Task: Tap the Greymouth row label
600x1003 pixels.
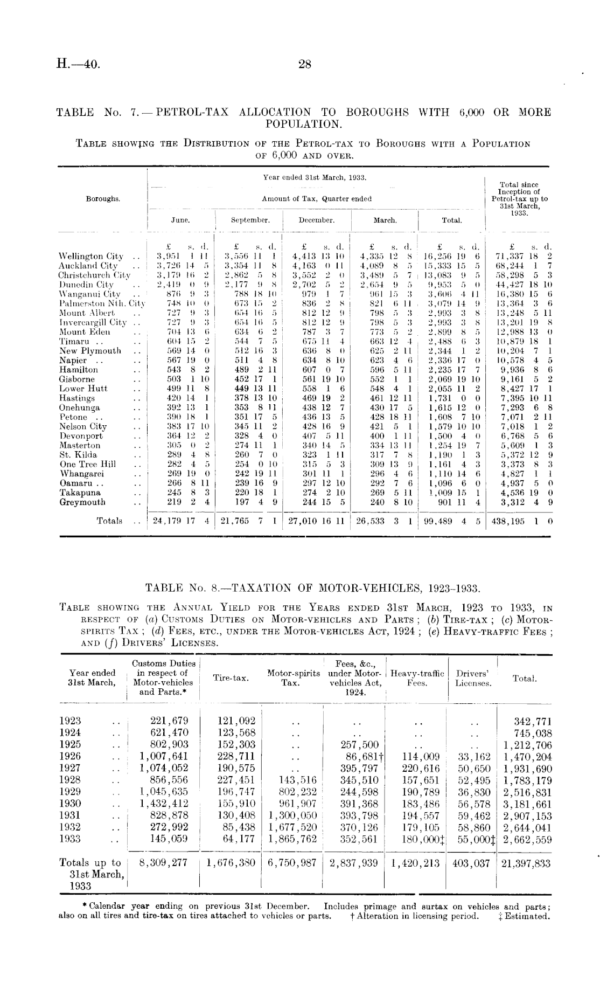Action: pos(82,502)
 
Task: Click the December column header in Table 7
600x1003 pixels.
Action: pos(317,220)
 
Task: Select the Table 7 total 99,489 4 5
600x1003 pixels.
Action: pos(451,522)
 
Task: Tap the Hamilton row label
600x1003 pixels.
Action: pos(79,370)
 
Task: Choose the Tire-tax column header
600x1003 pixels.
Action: pos(231,677)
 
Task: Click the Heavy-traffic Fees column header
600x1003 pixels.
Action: pos(417,678)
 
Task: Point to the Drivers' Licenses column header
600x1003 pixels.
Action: pos(473,678)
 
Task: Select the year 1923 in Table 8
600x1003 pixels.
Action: pos(70,721)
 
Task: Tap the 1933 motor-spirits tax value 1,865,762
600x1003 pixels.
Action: pos(292,839)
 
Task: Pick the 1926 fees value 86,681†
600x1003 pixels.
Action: pos(360,757)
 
